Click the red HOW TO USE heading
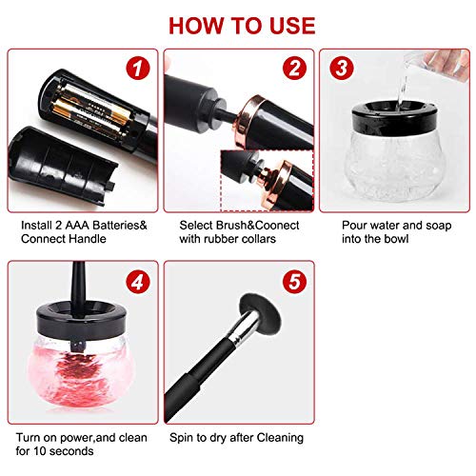click(x=237, y=21)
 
